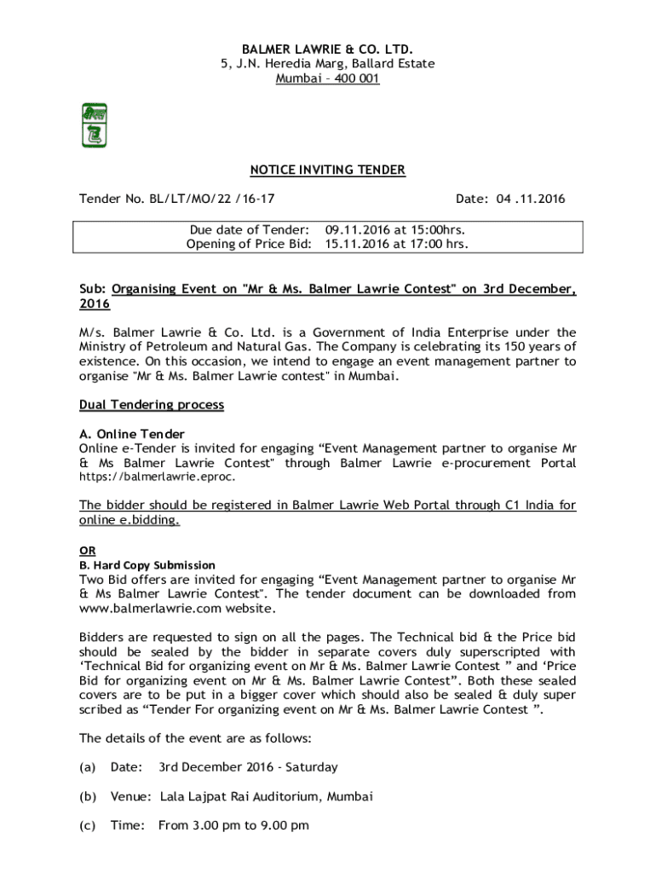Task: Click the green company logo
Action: [x=94, y=124]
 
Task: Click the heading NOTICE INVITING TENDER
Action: [x=328, y=171]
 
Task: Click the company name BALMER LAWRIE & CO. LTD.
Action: [x=328, y=50]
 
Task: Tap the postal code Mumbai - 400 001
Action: [x=328, y=78]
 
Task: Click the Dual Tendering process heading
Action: [x=152, y=405]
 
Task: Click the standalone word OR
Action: [x=87, y=550]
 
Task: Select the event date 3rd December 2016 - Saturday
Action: [x=248, y=767]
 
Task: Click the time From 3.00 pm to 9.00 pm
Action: [x=233, y=825]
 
